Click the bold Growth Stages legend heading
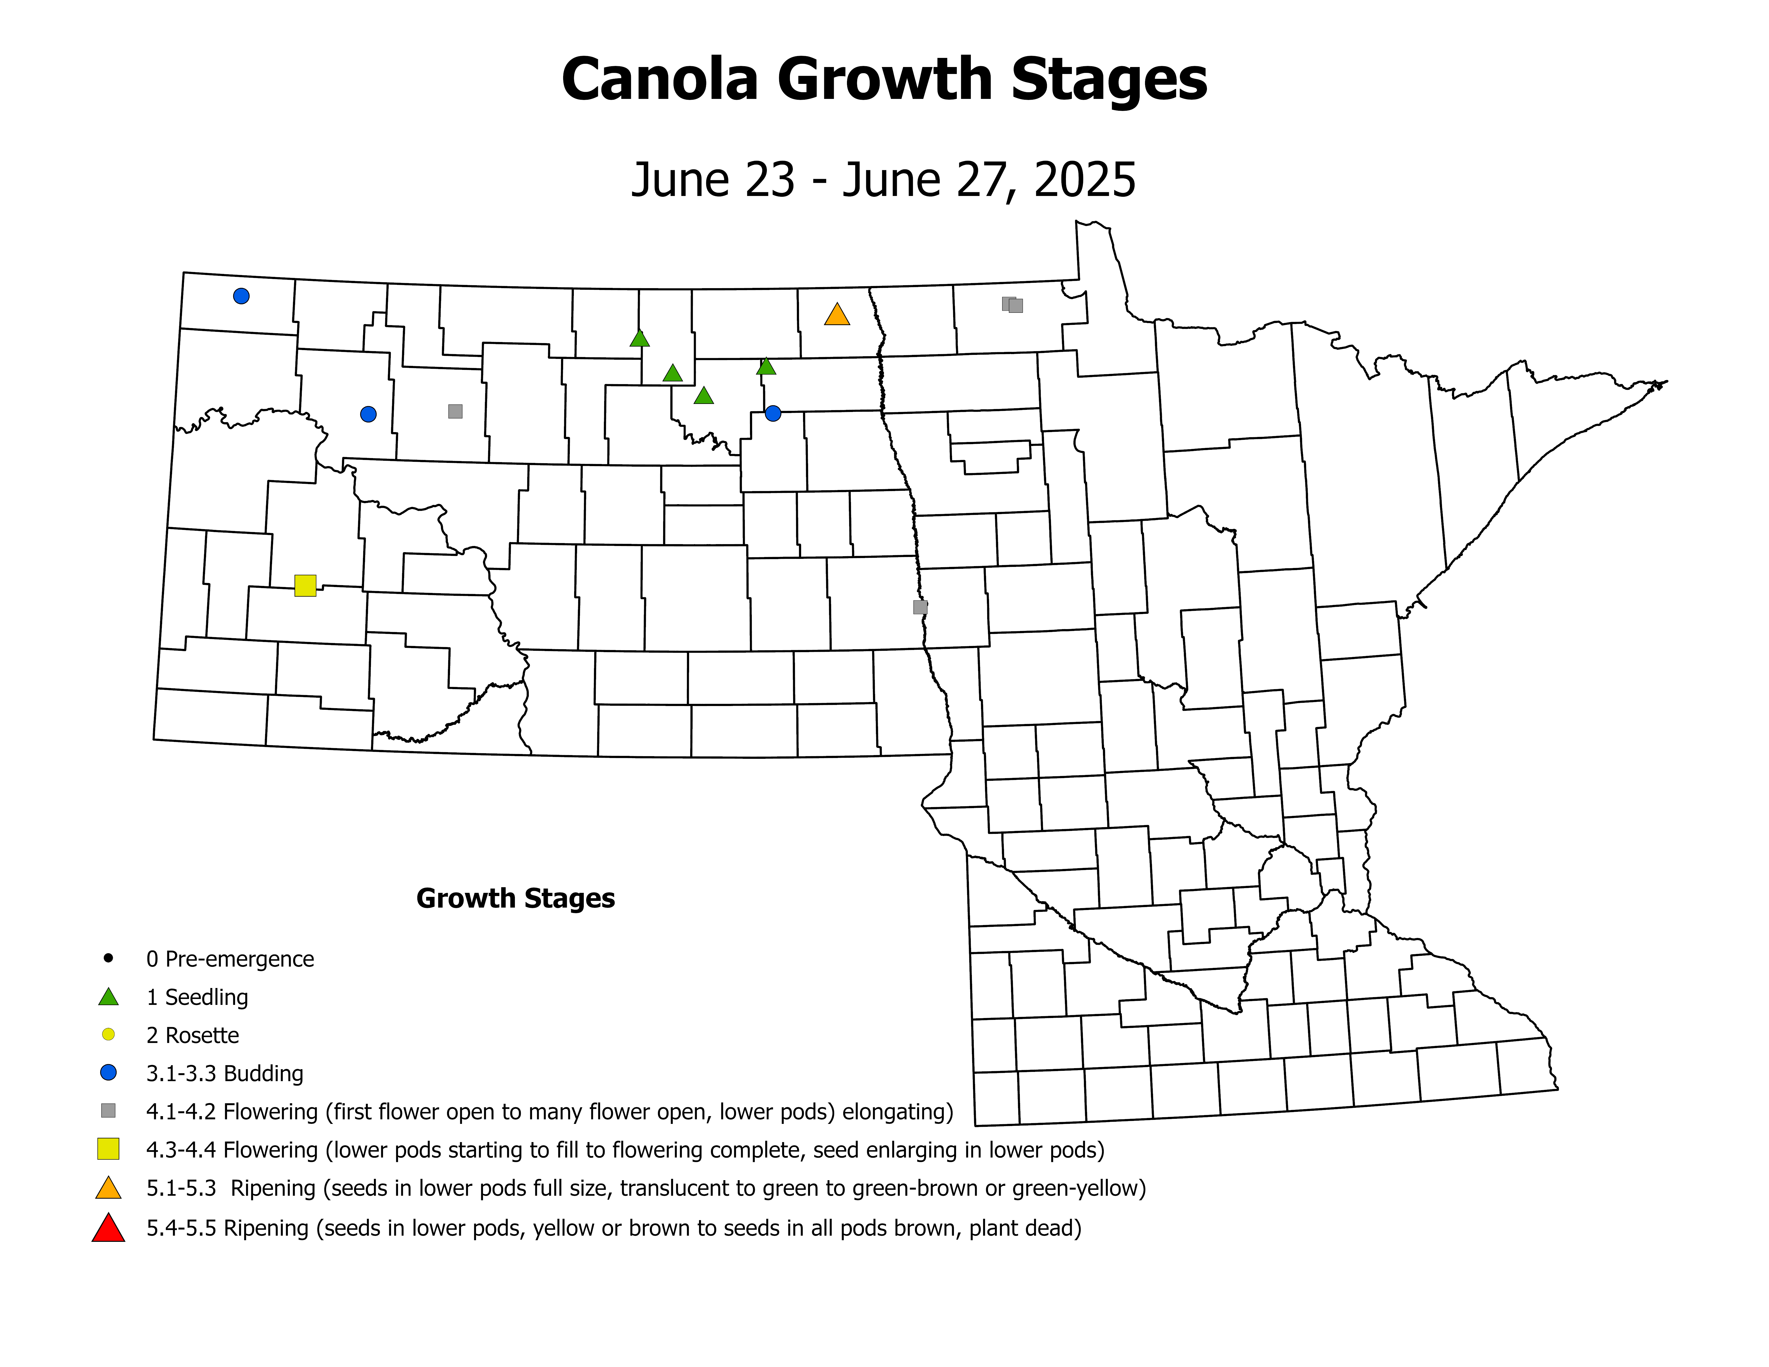coord(515,898)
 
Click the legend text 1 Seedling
coord(197,997)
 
